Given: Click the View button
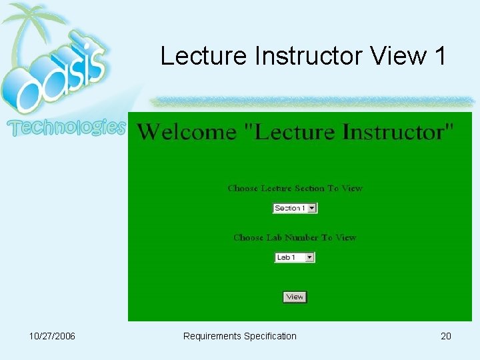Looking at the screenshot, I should point(295,297).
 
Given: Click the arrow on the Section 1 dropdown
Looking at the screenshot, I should point(312,208).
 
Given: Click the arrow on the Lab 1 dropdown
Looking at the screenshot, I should point(309,257).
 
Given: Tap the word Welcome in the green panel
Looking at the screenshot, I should point(186,132).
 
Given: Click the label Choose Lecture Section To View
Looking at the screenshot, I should point(295,189).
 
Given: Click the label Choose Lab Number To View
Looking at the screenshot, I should point(295,237).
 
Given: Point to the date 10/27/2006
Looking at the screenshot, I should point(53,336).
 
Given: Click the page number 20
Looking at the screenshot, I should point(445,336).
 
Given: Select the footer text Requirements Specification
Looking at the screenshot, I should point(239,336).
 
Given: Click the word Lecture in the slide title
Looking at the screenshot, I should point(204,56).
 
